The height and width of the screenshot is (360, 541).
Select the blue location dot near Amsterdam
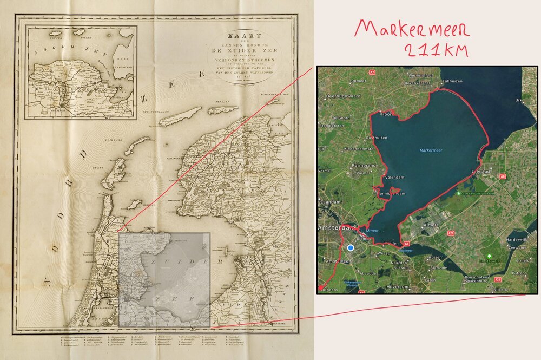click(x=351, y=247)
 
